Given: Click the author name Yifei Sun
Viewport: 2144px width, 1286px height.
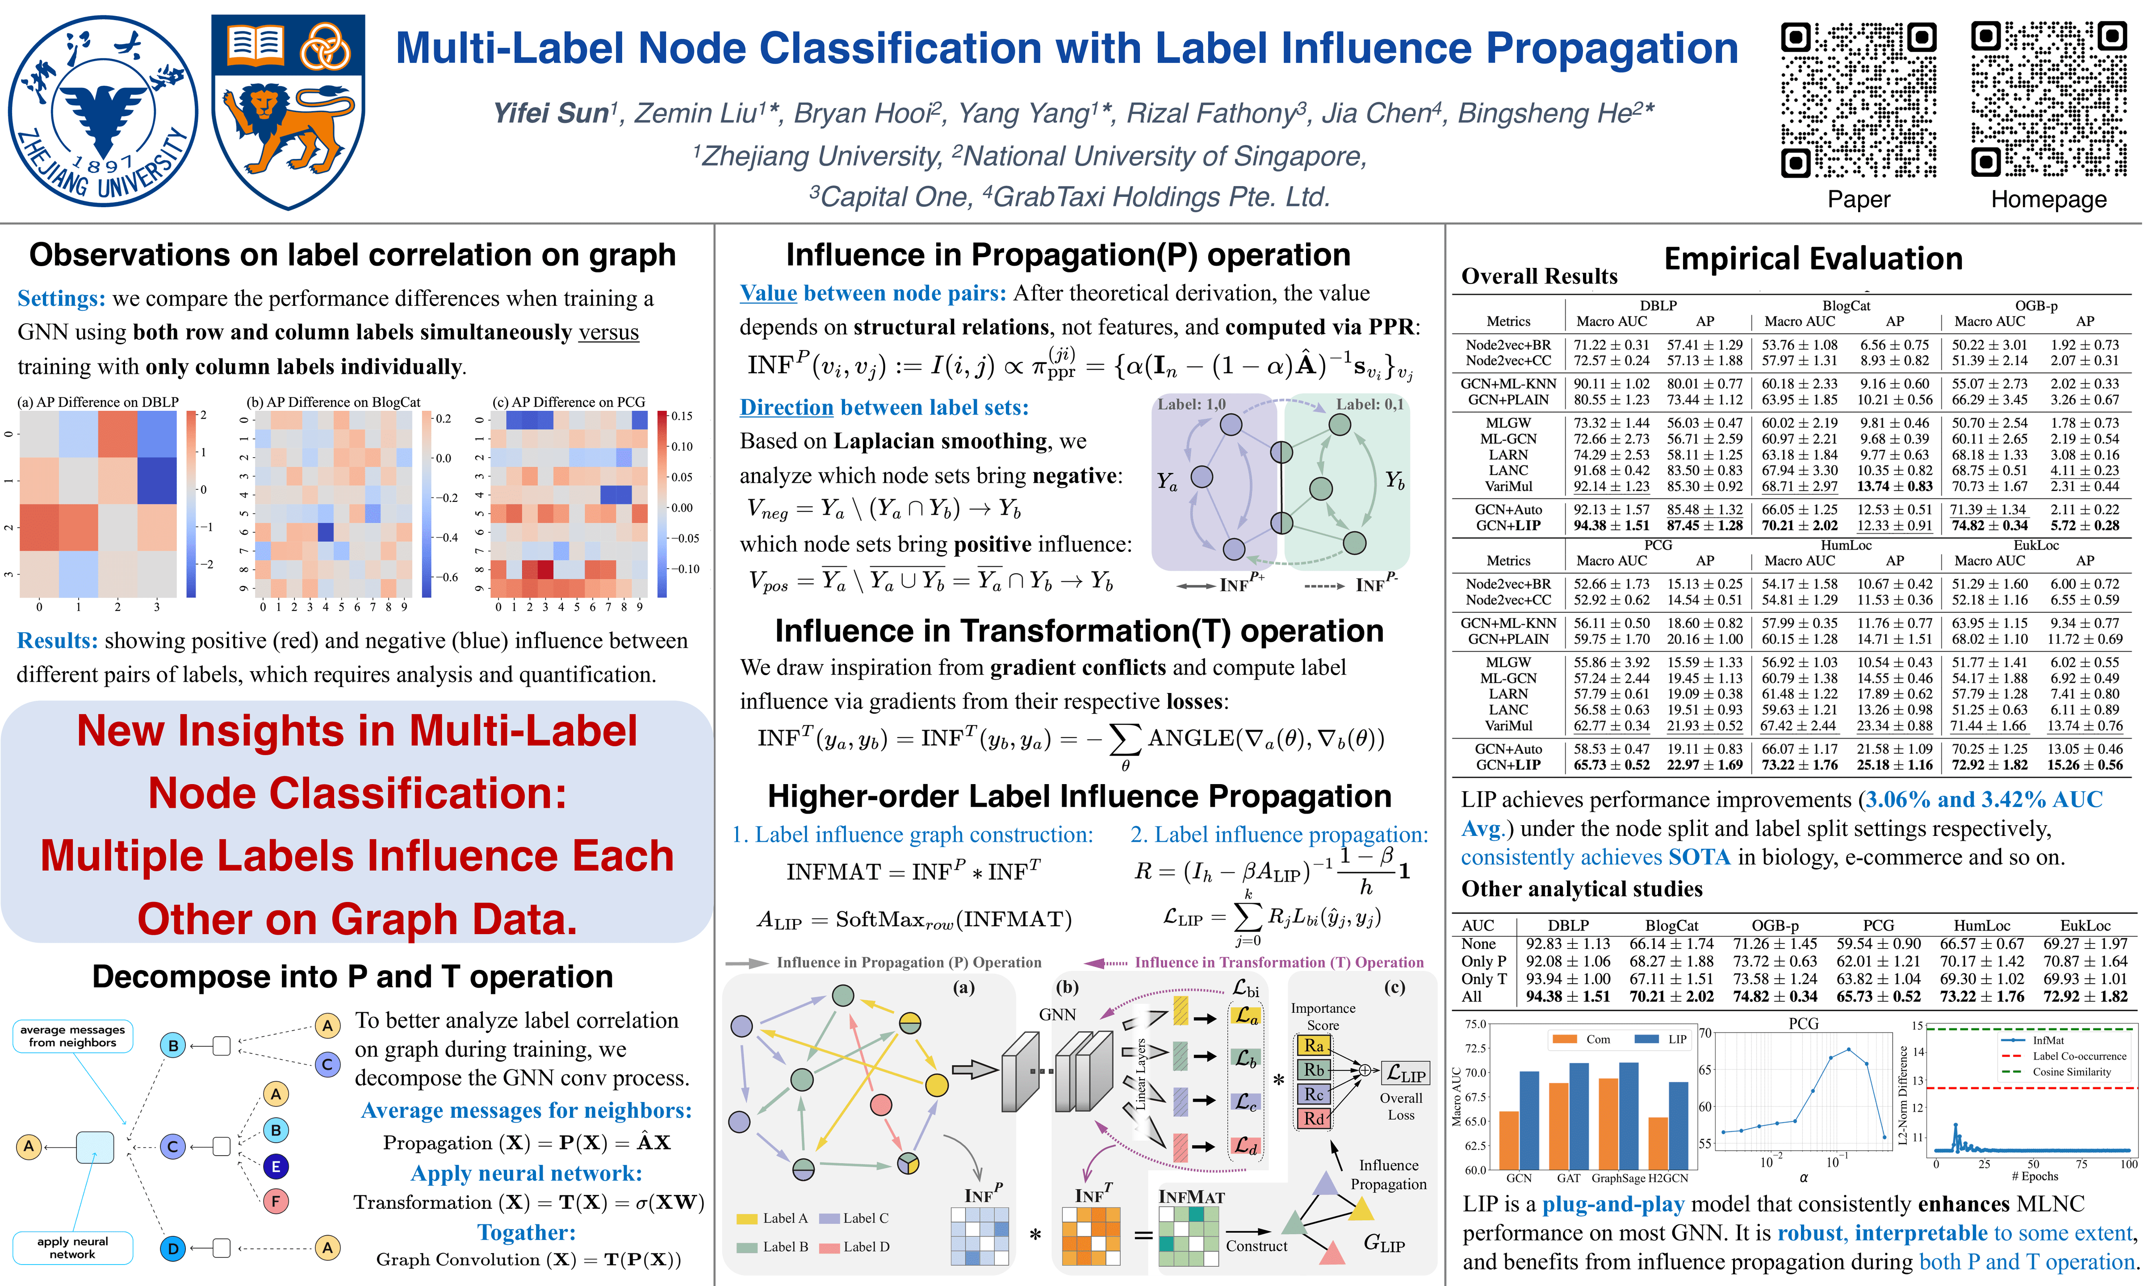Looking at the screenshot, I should [x=550, y=113].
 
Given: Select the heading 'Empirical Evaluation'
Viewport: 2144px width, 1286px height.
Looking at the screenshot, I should [x=1813, y=259].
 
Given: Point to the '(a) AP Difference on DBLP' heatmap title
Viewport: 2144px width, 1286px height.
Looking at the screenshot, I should [x=98, y=402].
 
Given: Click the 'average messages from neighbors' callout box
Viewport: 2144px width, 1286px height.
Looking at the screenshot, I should [x=73, y=1036].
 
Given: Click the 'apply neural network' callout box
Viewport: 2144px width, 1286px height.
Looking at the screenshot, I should [x=73, y=1248].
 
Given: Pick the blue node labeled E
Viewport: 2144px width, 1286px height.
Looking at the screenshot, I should [x=276, y=1166].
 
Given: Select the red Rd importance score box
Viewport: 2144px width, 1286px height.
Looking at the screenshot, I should [x=1314, y=1119].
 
